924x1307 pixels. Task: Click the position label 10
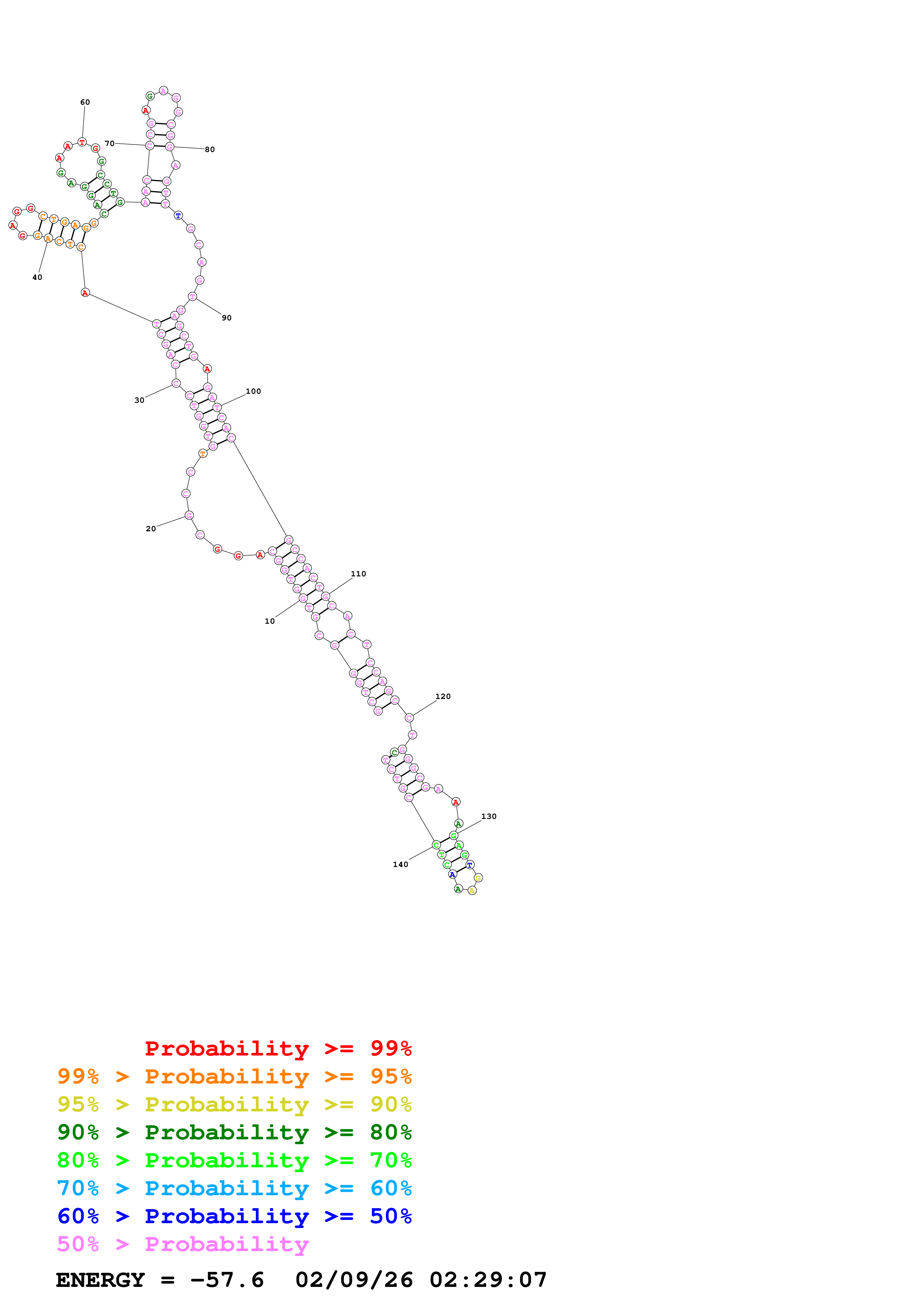[269, 621]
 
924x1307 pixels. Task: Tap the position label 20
[150, 529]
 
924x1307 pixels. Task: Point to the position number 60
[85, 102]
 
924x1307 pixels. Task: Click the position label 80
[209, 150]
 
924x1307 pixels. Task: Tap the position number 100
[253, 392]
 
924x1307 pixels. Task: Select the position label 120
[443, 697]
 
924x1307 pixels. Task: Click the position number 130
[489, 816]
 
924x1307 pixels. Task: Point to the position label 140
[400, 865]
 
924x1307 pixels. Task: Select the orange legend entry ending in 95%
[234, 1076]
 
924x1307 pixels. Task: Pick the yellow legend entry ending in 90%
[234, 1104]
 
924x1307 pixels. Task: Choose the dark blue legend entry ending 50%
[234, 1216]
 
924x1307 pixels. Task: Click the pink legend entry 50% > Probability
[182, 1244]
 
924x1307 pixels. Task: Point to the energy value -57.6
[227, 1280]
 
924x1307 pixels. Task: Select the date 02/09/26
[354, 1280]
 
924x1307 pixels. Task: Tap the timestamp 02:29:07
[488, 1280]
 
